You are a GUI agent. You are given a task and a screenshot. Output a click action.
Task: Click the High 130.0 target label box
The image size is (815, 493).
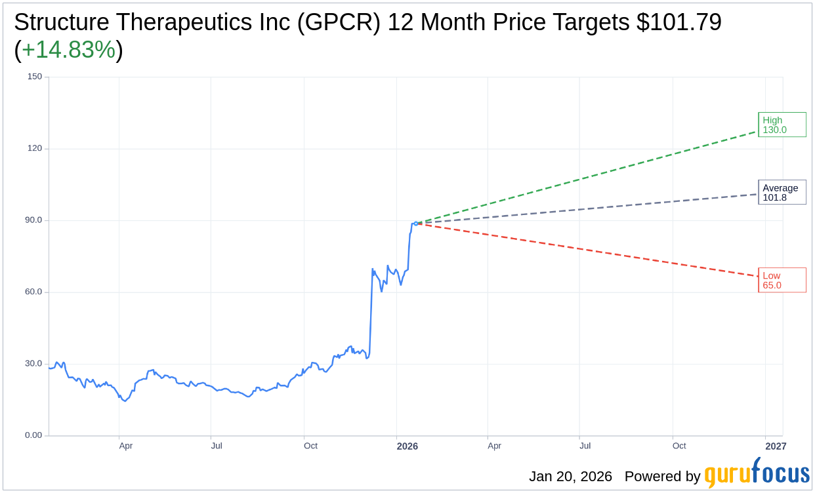point(782,125)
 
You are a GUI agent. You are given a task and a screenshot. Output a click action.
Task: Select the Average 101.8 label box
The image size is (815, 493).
point(782,193)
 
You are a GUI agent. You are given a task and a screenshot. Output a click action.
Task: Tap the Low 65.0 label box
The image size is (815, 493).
point(782,280)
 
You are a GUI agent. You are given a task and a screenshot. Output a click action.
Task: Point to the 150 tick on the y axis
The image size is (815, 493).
point(35,77)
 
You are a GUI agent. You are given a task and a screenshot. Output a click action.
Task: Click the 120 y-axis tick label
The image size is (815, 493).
point(35,148)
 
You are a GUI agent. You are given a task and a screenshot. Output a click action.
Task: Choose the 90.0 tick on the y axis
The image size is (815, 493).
point(33,220)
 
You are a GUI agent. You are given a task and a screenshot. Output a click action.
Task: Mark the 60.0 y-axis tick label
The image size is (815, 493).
point(33,292)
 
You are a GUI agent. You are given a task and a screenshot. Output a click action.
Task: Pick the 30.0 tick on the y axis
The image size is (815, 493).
point(33,364)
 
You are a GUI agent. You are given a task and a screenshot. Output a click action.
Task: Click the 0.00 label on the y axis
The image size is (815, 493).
point(33,435)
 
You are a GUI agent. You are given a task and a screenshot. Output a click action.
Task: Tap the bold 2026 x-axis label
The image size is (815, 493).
point(407,446)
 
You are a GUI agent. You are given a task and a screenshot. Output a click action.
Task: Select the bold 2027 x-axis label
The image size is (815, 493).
point(776,446)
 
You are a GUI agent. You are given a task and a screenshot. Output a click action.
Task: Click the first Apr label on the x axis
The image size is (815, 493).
point(126,446)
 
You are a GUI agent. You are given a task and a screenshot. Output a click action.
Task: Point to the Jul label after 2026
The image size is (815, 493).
point(585,446)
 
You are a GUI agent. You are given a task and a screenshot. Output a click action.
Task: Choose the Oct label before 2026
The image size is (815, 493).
point(310,446)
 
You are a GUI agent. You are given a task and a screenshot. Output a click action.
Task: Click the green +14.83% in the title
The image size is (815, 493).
point(68,50)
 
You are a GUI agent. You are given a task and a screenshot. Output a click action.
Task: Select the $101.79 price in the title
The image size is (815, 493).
point(679,22)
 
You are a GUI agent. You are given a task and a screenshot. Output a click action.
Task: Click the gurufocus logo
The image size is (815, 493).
point(757,474)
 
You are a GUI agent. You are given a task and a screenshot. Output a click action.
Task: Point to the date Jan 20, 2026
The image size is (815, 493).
point(570,477)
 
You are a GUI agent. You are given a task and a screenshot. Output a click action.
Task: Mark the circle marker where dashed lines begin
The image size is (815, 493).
point(416,224)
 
